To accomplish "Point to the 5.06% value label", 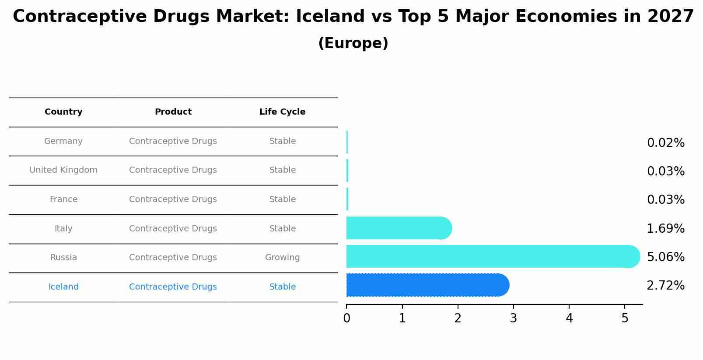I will tap(665, 257).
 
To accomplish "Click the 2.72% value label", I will tap(665, 286).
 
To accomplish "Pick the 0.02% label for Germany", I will tap(665, 143).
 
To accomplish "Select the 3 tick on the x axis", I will tap(513, 318).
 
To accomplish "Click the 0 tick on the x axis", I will tap(346, 318).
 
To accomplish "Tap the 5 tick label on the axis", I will tap(625, 318).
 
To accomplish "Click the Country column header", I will tap(63, 112).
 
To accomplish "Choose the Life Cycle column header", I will tap(282, 112).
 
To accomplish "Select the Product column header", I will tap(173, 112).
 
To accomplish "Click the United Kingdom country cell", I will tap(63, 170).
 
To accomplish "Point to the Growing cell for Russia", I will tap(282, 258).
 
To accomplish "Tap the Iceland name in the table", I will tap(63, 287).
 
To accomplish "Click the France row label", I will tap(63, 199).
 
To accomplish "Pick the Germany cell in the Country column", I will tap(63, 141).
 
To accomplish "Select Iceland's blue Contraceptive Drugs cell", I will tap(173, 287).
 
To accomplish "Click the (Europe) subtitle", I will tap(353, 43).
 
